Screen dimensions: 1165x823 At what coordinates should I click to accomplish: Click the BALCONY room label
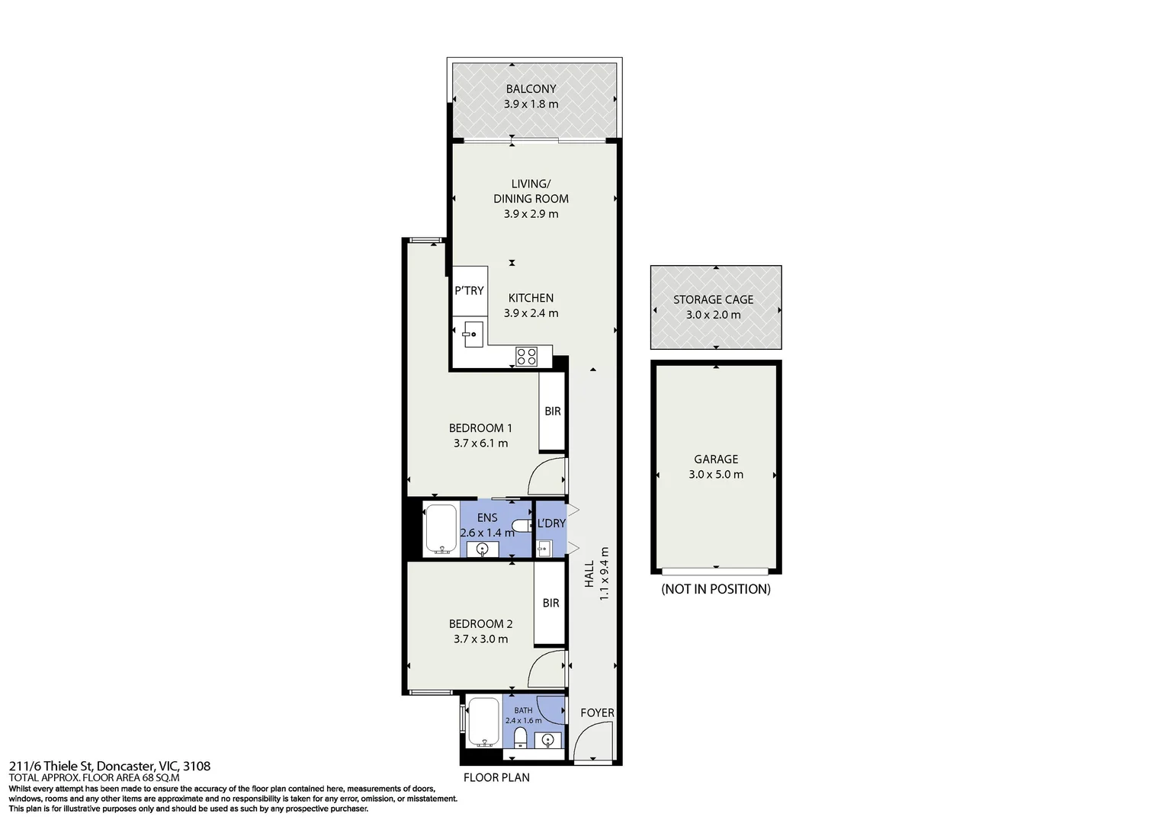click(531, 89)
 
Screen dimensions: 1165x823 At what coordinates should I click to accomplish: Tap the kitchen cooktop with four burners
click(526, 357)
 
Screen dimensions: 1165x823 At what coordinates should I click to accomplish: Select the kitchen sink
click(473, 335)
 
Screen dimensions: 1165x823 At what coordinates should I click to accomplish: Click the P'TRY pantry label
click(469, 290)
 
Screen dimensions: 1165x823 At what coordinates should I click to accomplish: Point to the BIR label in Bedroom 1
click(552, 411)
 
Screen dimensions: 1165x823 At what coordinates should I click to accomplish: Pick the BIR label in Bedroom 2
click(550, 603)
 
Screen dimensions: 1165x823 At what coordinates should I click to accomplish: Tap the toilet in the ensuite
click(522, 525)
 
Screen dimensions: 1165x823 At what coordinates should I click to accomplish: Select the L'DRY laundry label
click(551, 523)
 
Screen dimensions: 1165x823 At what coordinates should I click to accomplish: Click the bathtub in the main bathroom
click(484, 722)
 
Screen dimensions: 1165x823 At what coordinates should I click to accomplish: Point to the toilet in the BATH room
click(520, 737)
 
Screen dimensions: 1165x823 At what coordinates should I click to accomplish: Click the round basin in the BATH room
click(547, 740)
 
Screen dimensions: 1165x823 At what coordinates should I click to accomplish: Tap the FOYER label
click(597, 713)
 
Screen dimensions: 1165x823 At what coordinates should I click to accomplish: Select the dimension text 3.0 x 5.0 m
click(716, 474)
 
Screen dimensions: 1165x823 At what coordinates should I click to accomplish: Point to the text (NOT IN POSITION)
click(716, 589)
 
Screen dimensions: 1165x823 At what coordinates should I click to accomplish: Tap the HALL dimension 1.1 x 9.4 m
click(604, 574)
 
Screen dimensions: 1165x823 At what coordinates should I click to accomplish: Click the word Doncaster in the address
click(125, 766)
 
